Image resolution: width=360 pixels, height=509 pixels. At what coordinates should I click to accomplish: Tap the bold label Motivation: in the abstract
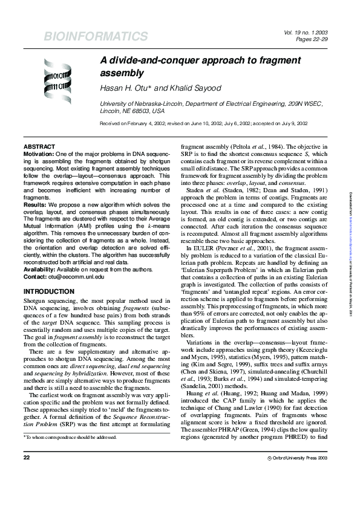(40, 155)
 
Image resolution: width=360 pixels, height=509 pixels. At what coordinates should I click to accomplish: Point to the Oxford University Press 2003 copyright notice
(301, 475)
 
